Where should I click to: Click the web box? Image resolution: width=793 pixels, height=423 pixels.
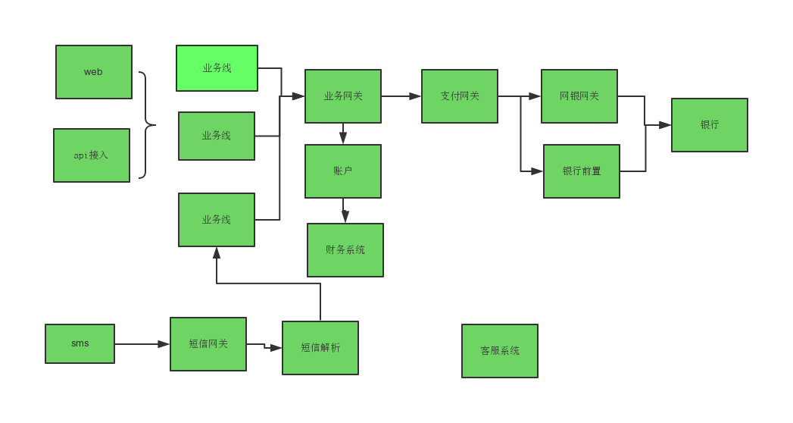[x=94, y=72]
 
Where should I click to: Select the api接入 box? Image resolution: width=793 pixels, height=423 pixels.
[x=92, y=155]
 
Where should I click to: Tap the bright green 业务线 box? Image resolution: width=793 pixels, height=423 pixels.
[x=217, y=68]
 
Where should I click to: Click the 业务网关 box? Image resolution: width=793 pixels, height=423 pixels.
[x=343, y=96]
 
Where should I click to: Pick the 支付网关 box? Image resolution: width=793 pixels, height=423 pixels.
[x=460, y=96]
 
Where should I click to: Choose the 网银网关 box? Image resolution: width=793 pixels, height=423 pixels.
[x=579, y=96]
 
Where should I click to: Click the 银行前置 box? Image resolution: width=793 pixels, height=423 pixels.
[x=582, y=171]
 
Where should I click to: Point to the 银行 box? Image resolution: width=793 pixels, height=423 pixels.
[x=710, y=125]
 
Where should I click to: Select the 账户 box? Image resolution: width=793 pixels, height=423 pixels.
[x=343, y=171]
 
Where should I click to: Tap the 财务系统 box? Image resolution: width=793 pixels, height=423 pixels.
[x=345, y=250]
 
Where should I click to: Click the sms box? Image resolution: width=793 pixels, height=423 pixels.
[x=80, y=343]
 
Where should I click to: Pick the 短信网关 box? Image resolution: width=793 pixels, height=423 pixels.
[x=208, y=344]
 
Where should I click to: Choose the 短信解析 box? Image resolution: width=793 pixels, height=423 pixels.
[x=320, y=348]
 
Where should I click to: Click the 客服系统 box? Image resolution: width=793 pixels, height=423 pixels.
[x=500, y=351]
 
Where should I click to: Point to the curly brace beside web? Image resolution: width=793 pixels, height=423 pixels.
[x=145, y=125]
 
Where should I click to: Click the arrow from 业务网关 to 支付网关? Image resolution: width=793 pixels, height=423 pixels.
[x=401, y=96]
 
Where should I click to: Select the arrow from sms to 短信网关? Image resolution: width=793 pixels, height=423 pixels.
[x=142, y=344]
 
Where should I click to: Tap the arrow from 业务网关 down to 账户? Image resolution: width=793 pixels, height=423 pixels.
[x=343, y=134]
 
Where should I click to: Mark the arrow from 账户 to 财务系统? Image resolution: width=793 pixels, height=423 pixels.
[x=345, y=211]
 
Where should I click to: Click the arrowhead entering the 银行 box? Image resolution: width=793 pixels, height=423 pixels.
[x=665, y=125]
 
